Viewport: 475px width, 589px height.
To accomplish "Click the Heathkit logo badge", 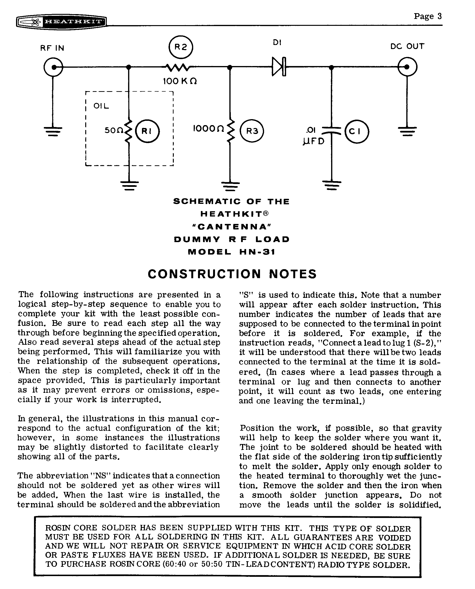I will tap(61, 22).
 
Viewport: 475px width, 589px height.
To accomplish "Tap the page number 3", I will tap(439, 17).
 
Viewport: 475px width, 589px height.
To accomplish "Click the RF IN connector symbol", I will tap(53, 67).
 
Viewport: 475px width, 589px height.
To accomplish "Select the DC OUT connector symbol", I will tap(407, 67).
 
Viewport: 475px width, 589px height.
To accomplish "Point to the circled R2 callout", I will tap(181, 47).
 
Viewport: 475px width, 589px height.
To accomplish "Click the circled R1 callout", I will tap(147, 131).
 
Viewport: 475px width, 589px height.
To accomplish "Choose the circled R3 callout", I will tap(252, 131).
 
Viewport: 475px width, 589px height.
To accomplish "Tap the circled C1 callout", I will tap(356, 132).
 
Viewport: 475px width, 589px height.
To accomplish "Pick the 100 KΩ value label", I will tap(180, 81).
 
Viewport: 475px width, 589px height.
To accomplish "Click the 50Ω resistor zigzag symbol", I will tap(129, 131).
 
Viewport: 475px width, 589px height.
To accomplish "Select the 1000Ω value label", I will tap(209, 128).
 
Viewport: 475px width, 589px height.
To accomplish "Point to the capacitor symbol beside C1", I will tap(331, 131).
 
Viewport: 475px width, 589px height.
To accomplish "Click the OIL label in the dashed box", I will tap(101, 106).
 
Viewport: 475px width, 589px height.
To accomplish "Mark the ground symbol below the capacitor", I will tap(331, 185).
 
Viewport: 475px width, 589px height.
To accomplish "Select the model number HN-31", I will tap(257, 252).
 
